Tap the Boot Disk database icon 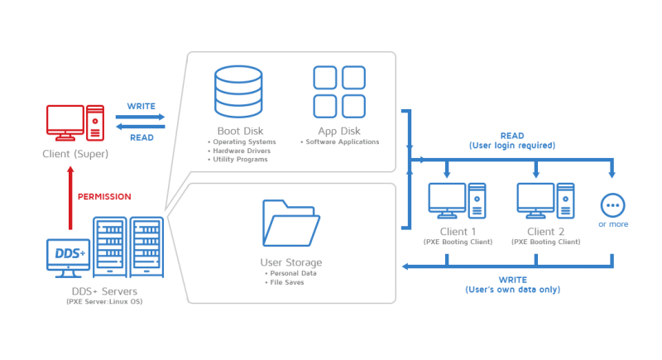(237, 91)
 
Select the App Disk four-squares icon (338, 91)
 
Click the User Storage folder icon (290, 223)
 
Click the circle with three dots (612, 204)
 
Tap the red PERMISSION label (103, 196)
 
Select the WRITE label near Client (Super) (142, 107)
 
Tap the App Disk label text (339, 131)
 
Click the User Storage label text (290, 262)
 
